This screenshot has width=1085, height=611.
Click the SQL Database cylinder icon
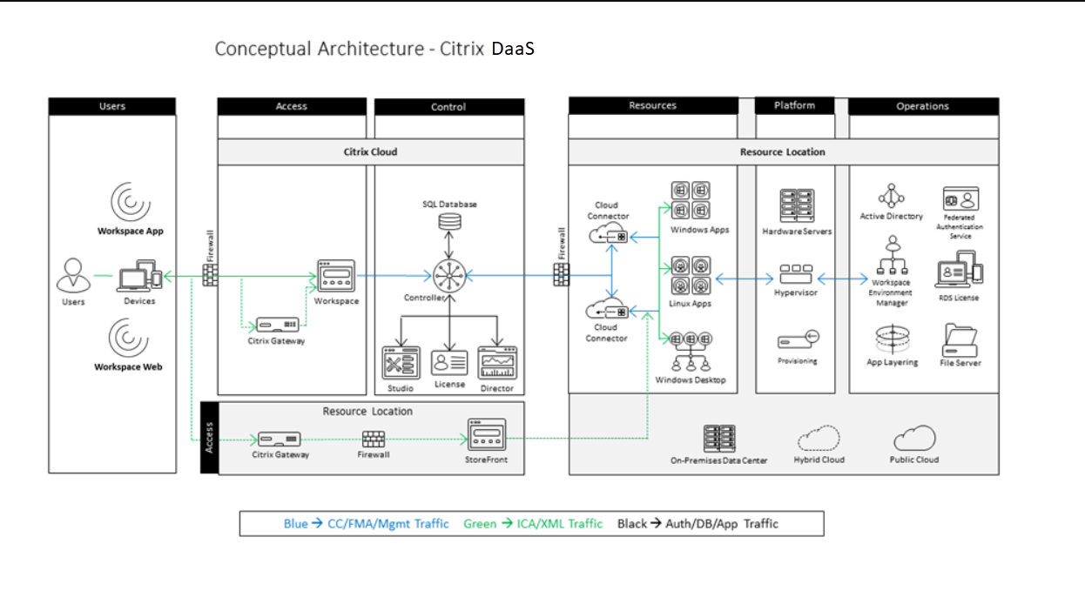[449, 221]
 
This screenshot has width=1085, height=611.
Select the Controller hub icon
[449, 277]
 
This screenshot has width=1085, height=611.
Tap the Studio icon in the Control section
[401, 363]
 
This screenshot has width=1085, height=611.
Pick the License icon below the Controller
[449, 362]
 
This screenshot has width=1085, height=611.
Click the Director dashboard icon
[497, 362]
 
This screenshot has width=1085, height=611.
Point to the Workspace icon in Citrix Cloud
[336, 276]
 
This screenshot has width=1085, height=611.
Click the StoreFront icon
[487, 433]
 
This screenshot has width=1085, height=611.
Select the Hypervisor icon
[796, 274]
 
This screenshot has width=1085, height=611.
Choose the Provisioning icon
[797, 340]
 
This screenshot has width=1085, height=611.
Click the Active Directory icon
[891, 196]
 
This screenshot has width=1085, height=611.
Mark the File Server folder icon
[960, 339]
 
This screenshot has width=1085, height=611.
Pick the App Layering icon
[892, 339]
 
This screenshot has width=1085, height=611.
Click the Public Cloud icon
[914, 438]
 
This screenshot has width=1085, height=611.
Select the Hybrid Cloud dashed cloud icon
[819, 438]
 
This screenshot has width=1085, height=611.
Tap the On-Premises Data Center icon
[719, 439]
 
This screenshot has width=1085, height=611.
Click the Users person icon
[73, 276]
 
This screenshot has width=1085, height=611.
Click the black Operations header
[923, 106]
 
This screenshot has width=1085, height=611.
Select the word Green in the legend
[479, 524]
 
